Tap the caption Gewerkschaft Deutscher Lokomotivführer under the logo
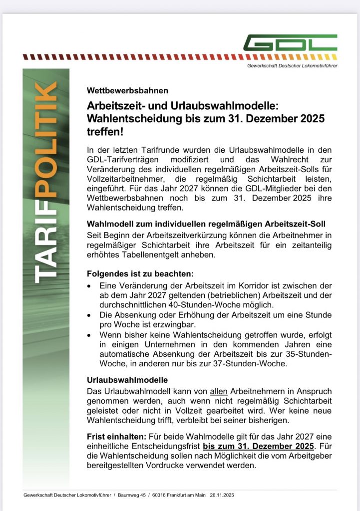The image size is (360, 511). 292,66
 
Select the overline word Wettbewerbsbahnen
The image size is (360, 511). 127,91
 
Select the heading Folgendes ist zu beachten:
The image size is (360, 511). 140,274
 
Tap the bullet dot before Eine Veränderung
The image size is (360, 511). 89,287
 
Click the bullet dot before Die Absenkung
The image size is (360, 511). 89,316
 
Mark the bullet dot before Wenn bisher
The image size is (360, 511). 89,335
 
